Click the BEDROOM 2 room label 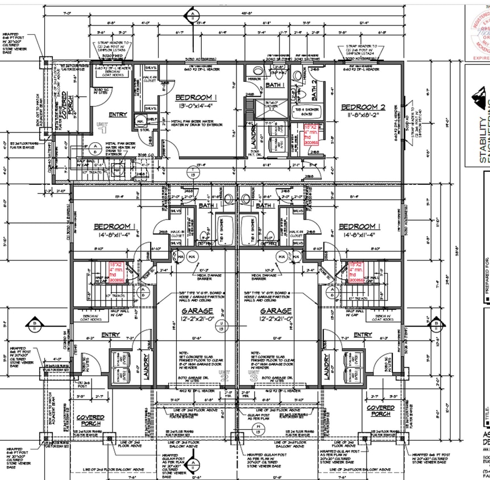tap(363, 107)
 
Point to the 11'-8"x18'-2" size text tap(363, 115)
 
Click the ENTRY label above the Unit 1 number tap(118, 114)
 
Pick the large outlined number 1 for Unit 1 tap(103, 129)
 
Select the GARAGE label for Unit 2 tap(197, 311)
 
